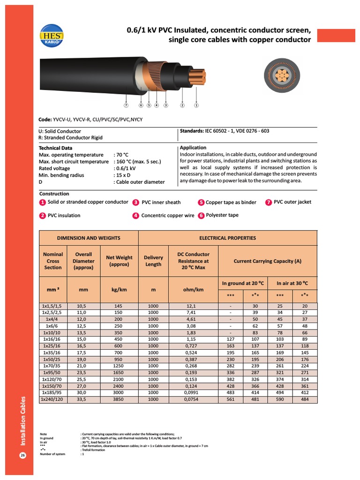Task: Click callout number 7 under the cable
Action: [x=126, y=105]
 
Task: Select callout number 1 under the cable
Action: [x=196, y=105]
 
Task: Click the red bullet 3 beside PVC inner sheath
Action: [x=135, y=202]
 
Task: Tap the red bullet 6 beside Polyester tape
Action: [x=201, y=216]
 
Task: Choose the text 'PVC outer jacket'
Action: [x=292, y=202]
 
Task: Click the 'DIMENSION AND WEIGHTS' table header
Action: [x=89, y=238]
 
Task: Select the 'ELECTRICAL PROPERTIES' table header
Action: [x=228, y=238]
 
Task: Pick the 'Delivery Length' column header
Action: [x=153, y=261]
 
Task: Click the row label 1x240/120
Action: [x=52, y=399]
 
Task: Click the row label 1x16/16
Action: [x=52, y=339]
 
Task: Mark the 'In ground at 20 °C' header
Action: [x=243, y=283]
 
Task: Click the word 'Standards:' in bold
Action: [x=193, y=131]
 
